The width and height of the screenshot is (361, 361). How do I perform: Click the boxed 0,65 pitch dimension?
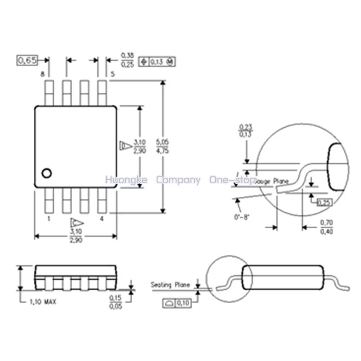tap(27, 60)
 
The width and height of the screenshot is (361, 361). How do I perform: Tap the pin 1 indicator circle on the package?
tap(46, 173)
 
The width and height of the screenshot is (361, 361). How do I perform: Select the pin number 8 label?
tap(42, 74)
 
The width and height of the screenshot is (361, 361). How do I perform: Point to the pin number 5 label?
tap(111, 74)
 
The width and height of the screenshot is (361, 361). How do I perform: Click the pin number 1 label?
tap(48, 218)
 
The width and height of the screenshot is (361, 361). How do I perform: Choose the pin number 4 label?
tap(102, 218)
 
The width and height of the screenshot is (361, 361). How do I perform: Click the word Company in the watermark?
tap(178, 180)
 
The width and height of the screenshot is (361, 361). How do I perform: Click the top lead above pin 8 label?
tap(49, 93)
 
